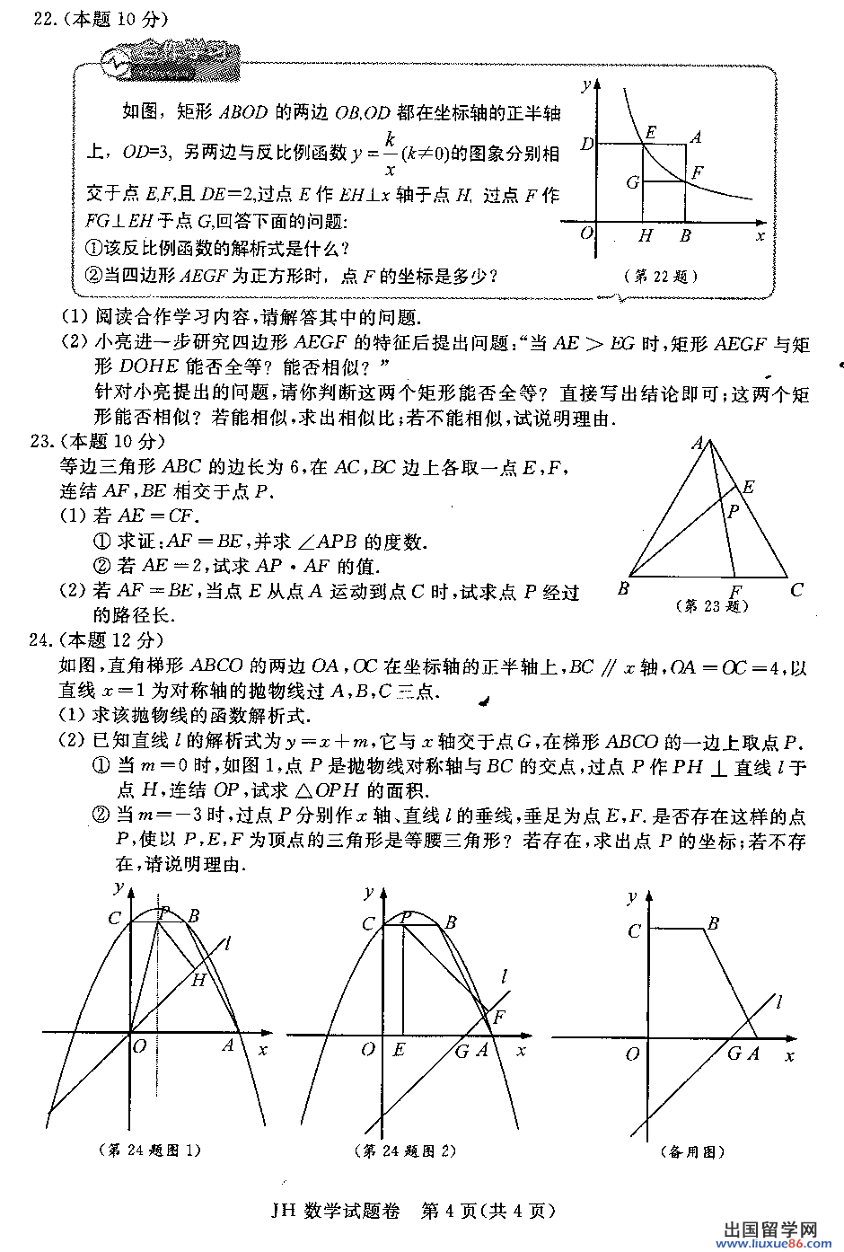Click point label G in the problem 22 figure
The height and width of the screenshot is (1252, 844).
click(633, 182)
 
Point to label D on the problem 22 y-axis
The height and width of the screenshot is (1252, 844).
click(587, 144)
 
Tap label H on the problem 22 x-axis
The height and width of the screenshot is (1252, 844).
click(646, 236)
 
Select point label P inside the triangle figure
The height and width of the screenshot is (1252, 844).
click(734, 512)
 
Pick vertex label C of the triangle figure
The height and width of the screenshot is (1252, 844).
click(796, 590)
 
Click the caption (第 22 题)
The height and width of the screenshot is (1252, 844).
click(660, 277)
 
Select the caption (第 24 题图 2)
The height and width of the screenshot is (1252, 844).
click(406, 1151)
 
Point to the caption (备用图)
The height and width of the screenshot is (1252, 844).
click(692, 1151)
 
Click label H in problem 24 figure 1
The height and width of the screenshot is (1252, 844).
click(198, 980)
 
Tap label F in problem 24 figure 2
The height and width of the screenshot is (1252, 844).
click(499, 1018)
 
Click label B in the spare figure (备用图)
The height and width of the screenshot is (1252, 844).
click(713, 923)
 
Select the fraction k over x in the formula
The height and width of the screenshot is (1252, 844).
click(391, 154)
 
